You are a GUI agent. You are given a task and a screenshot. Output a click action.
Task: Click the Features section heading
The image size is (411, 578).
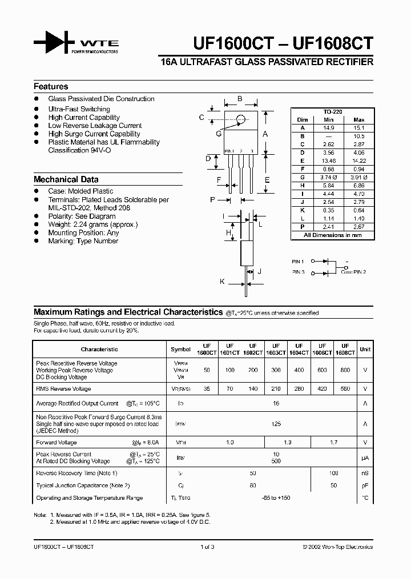[51, 87]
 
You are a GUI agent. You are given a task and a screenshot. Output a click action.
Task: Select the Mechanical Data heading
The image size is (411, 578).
[66, 179]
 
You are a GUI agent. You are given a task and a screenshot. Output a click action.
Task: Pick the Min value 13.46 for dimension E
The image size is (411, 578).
[328, 161]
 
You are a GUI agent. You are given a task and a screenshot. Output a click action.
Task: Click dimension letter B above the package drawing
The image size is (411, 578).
[240, 99]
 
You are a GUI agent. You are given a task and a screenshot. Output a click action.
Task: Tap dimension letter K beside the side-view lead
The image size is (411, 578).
[222, 282]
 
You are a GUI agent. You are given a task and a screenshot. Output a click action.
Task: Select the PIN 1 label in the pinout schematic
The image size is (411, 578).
[298, 261]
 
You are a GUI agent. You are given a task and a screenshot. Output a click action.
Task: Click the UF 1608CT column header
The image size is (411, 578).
[345, 349]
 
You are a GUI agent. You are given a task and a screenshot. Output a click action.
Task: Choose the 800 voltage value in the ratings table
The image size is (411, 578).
[345, 370]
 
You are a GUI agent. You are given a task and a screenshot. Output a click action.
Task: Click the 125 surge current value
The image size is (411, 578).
[276, 424]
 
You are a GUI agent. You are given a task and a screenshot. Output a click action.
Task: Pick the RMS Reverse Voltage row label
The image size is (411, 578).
[63, 389]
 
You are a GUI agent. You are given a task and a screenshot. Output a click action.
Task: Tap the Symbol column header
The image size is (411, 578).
[181, 349]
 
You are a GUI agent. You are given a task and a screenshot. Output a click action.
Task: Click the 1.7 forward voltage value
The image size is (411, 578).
[334, 443]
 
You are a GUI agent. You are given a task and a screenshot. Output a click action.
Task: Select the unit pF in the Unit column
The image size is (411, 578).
[365, 485]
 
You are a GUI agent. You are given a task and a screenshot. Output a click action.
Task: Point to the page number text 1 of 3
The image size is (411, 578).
[207, 547]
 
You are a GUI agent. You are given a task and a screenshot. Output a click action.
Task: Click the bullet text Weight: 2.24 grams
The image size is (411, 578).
[93, 224]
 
